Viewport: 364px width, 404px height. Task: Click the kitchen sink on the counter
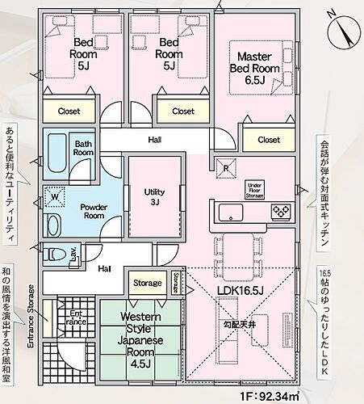click(229, 213)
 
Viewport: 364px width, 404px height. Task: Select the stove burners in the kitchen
click(279, 213)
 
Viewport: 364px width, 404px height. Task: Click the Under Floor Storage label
click(256, 189)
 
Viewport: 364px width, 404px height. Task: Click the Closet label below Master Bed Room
click(269, 140)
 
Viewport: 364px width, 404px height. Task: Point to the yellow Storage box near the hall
click(148, 283)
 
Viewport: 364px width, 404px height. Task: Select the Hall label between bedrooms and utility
click(154, 140)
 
